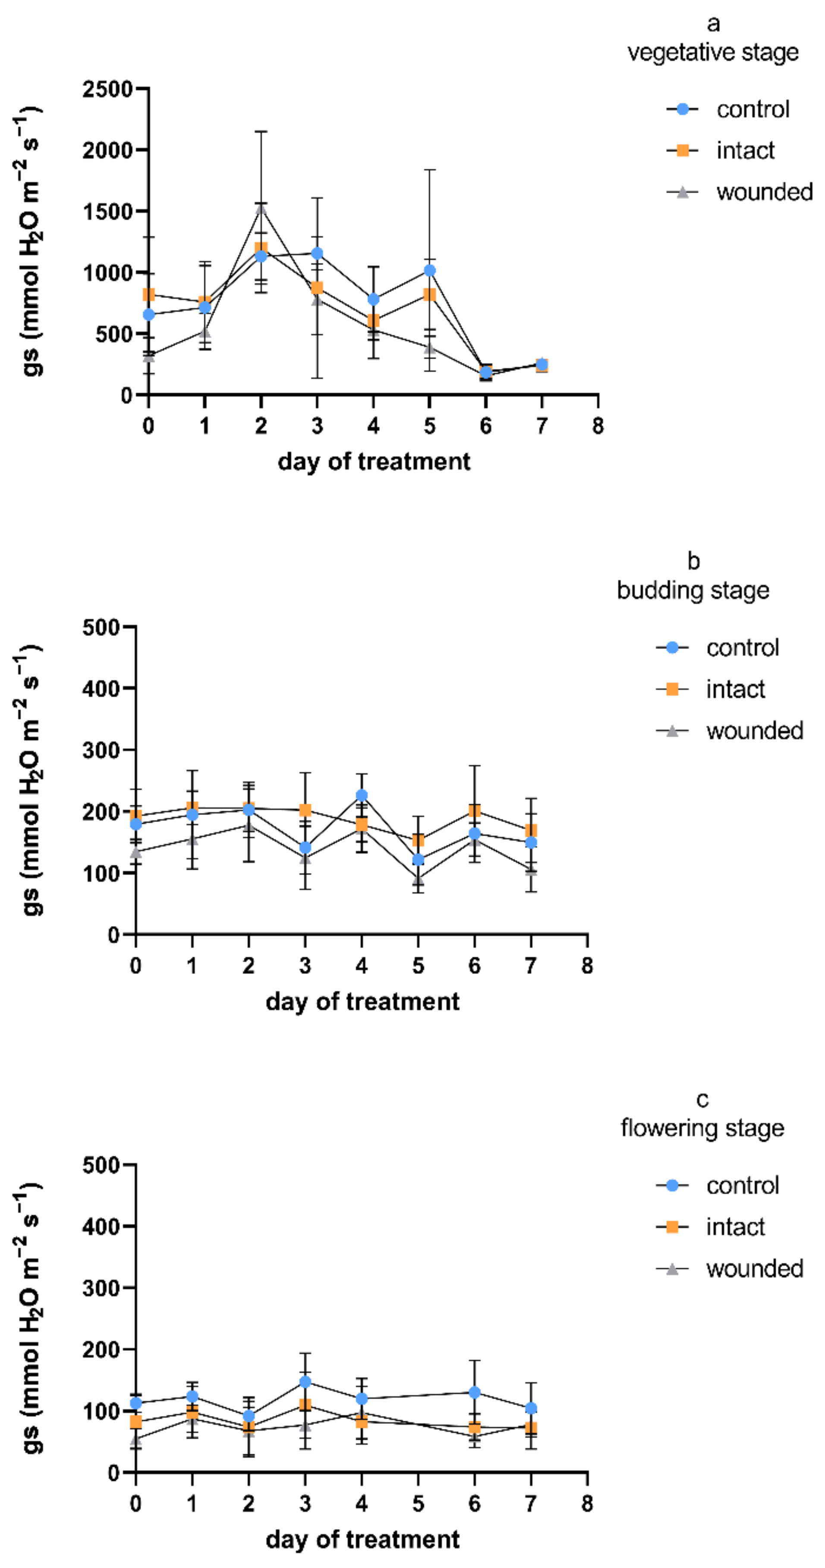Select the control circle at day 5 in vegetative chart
[429, 270]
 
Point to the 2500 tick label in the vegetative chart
[108, 89]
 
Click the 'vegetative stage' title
[713, 52]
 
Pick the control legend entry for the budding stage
[717, 648]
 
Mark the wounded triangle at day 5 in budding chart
[418, 879]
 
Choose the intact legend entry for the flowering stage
[711, 1227]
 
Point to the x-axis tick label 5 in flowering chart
[418, 1504]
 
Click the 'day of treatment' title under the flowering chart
[362, 1540]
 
